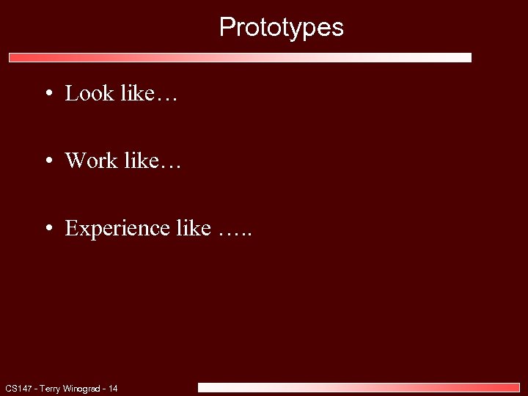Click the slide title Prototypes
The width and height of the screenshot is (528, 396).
tap(281, 28)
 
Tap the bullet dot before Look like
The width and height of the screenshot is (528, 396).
tap(47, 94)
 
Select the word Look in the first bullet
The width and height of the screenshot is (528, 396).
tap(89, 93)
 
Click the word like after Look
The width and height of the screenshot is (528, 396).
tap(136, 93)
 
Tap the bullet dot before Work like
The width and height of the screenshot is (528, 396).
tap(47, 161)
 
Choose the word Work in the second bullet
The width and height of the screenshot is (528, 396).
tap(92, 161)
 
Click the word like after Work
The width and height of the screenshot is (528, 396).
tap(141, 161)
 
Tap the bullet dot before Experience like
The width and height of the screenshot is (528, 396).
tap(47, 229)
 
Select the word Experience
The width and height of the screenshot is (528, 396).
tap(117, 229)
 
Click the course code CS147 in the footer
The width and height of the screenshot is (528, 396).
tap(18, 388)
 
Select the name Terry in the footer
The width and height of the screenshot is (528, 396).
tap(51, 388)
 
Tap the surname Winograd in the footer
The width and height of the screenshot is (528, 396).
tap(83, 388)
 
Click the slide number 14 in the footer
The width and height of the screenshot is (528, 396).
tap(113, 388)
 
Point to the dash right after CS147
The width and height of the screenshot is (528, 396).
tap(34, 388)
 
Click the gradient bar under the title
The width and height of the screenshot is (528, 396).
tap(240, 57)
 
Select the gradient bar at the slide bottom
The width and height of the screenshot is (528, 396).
tap(359, 387)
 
